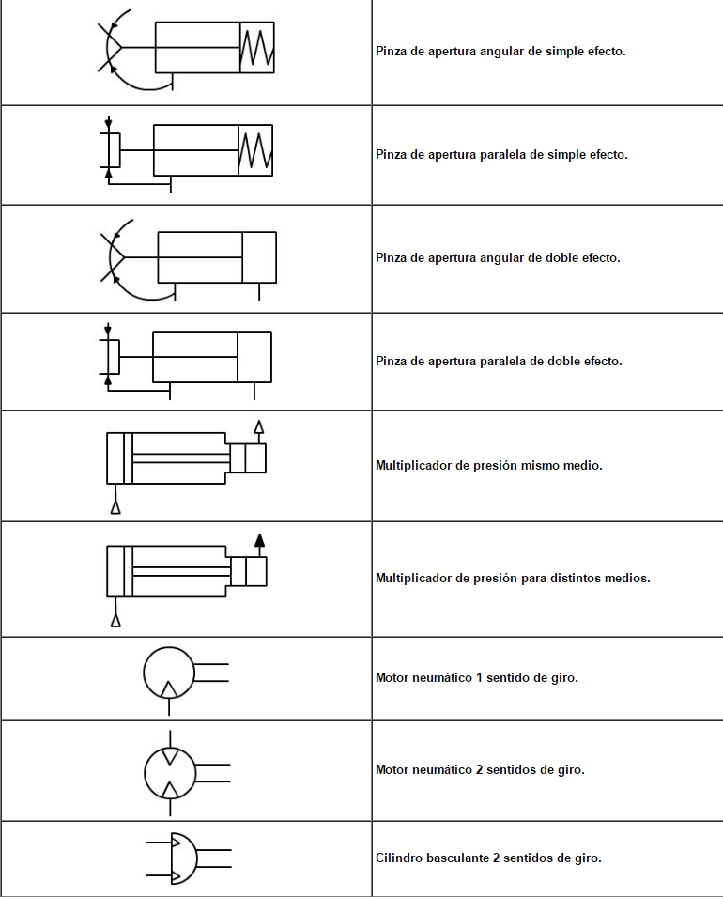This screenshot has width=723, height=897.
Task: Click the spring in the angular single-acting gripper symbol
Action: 257,47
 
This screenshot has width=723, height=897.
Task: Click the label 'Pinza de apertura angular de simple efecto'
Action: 500,52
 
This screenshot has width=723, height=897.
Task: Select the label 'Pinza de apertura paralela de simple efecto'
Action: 501,154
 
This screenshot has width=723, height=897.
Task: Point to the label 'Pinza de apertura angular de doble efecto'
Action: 498,257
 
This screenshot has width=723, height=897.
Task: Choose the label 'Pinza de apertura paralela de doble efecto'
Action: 499,361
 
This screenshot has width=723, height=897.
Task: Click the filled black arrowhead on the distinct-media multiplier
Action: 260,540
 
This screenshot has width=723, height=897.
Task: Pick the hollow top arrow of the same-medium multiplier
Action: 259,427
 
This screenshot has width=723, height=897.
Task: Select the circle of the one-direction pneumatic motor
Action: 169,673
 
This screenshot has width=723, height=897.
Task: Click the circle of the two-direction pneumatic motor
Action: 169,771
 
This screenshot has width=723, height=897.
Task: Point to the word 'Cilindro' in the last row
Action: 398,858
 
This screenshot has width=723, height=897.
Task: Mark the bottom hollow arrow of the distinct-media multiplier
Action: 115,620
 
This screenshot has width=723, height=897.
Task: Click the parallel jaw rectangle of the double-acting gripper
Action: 113,357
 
